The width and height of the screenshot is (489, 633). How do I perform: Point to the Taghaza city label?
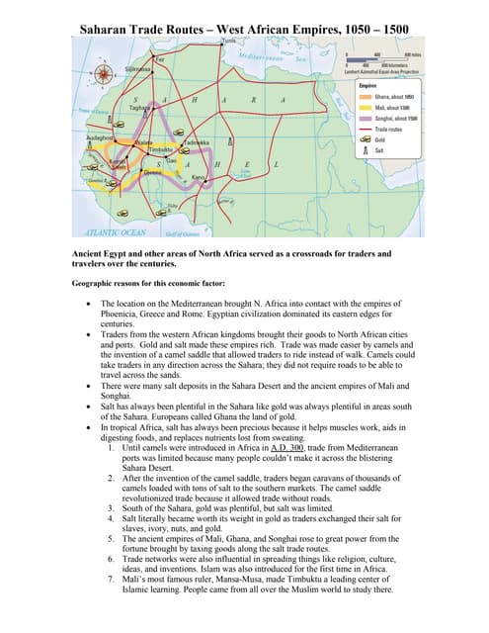point(140,108)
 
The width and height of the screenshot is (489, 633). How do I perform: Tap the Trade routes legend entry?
point(375,129)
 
